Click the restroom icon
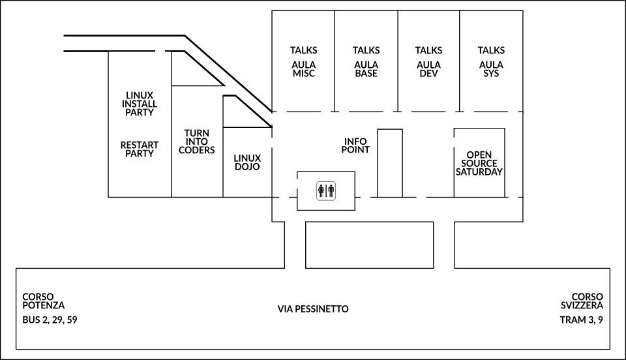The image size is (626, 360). click(x=326, y=191)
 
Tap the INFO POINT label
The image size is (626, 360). click(x=355, y=145)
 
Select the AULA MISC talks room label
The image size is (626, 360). click(x=304, y=69)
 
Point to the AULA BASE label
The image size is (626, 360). click(x=366, y=69)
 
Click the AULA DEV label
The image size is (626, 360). click(x=429, y=69)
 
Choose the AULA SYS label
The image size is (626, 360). click(x=491, y=69)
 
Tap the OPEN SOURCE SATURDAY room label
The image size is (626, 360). click(x=479, y=163)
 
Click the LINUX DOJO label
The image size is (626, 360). click(x=247, y=162)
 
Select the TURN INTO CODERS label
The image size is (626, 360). click(x=197, y=142)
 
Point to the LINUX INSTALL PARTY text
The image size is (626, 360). click(x=140, y=104)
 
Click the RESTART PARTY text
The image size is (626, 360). click(x=140, y=149)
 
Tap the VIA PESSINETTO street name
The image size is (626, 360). click(x=313, y=309)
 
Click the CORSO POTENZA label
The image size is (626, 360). click(x=44, y=301)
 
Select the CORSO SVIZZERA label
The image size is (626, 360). click(x=582, y=301)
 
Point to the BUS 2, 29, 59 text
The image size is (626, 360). click(x=50, y=320)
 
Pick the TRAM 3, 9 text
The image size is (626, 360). click(x=581, y=320)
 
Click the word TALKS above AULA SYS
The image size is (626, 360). click(x=491, y=50)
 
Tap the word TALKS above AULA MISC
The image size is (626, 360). click(x=304, y=50)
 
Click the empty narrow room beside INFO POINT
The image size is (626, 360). click(x=390, y=163)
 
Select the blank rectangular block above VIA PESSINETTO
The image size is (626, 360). click(x=369, y=245)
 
